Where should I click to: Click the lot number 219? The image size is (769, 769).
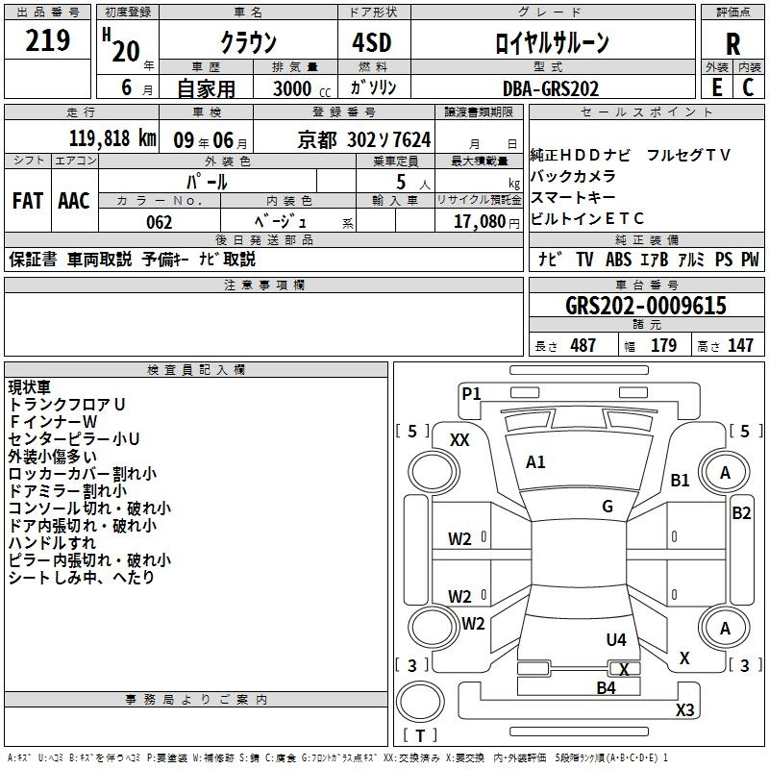(x=49, y=40)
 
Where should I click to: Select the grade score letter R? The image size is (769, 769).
(x=732, y=44)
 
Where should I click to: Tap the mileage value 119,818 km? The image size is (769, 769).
(x=112, y=138)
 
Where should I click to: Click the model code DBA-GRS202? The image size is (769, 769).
(x=551, y=88)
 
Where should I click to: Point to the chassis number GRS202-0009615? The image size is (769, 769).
(x=646, y=307)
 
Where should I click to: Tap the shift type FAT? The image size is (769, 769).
(x=28, y=201)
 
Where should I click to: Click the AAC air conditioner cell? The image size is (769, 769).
(x=74, y=201)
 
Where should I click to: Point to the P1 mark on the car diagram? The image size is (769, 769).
(x=471, y=393)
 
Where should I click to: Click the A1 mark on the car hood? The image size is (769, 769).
(x=535, y=462)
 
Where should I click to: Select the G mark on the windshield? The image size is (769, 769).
(x=608, y=507)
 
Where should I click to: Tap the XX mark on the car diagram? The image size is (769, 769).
(x=459, y=440)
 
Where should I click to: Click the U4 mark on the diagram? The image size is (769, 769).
(x=616, y=639)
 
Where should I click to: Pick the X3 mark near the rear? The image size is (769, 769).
(x=684, y=710)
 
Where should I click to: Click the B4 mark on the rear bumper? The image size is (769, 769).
(x=606, y=688)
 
